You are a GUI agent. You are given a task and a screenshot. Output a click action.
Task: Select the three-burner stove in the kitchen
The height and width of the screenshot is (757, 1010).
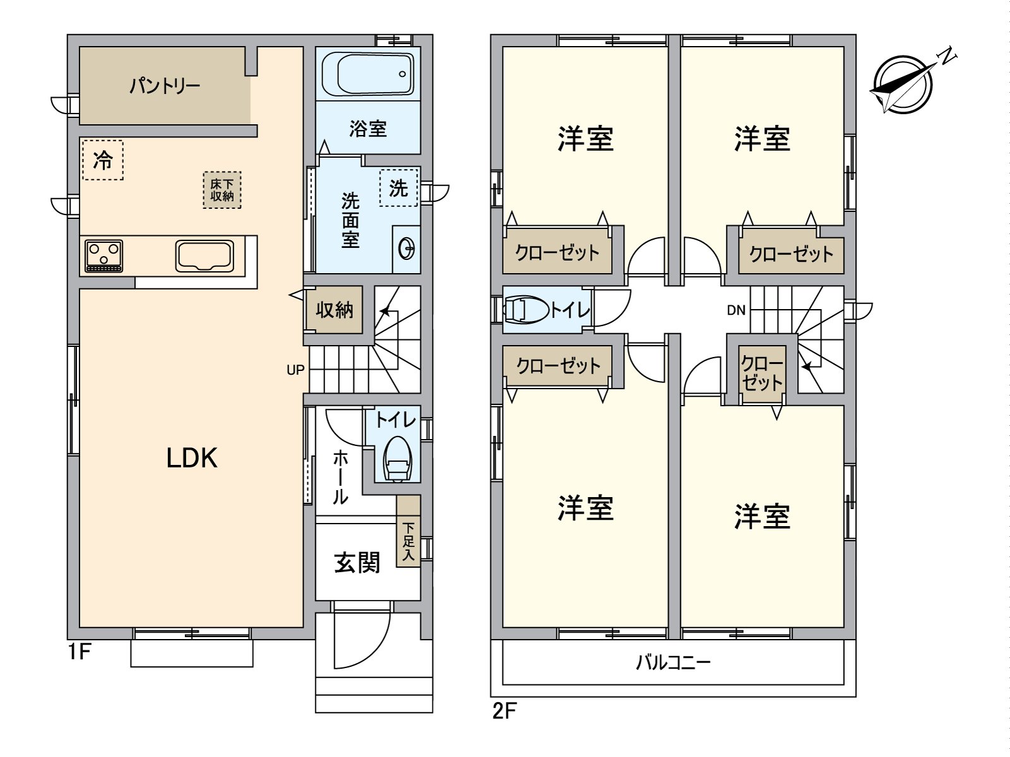[x=104, y=256]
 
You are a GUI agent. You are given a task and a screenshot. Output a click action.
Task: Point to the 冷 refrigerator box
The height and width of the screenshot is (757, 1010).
[x=102, y=160]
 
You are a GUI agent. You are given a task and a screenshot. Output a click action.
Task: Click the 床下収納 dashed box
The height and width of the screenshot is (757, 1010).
[x=222, y=190]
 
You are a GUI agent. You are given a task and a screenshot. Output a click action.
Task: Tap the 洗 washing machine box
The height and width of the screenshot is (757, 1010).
[x=398, y=187]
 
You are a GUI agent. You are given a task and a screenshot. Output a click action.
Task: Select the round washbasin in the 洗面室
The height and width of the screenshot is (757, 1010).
[x=407, y=249]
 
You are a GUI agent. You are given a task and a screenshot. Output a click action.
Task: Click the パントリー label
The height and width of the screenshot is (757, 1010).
[x=165, y=85]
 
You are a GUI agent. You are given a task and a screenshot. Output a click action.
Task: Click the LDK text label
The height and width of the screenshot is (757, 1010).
[x=192, y=458]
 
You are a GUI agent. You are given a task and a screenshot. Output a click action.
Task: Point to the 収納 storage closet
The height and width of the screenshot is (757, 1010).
[x=335, y=310]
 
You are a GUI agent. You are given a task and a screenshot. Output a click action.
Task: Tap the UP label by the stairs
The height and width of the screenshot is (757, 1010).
[x=295, y=370]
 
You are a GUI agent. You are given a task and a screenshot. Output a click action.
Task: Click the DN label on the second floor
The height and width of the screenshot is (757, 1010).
[x=736, y=310]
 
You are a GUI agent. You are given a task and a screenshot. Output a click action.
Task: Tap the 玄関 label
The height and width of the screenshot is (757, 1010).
[x=357, y=561]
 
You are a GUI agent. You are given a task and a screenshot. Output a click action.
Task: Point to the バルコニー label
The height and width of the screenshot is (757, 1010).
[x=673, y=662]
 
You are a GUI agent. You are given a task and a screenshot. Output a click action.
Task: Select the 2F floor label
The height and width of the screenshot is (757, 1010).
[x=504, y=712]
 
